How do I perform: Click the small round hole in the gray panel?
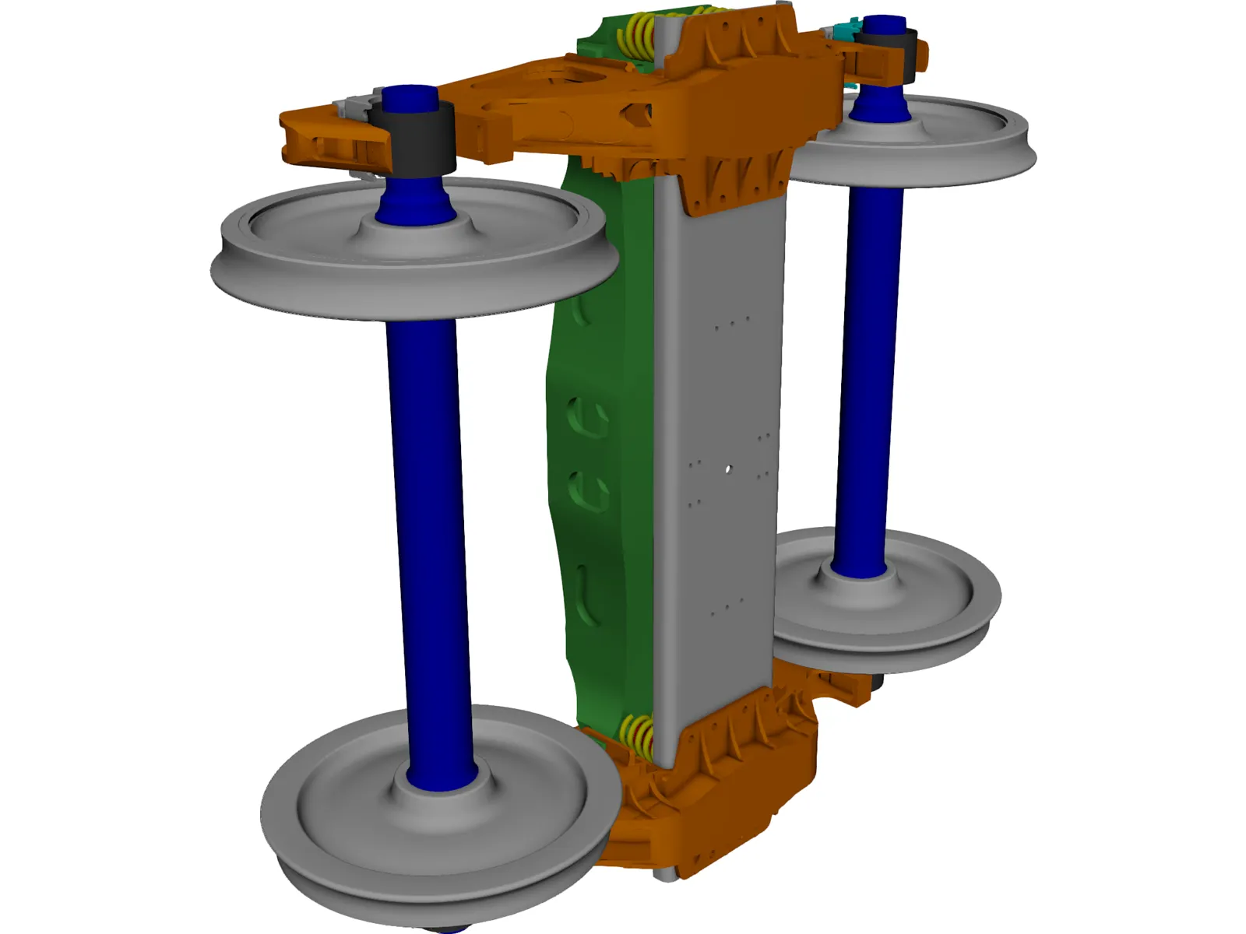coord(727,469)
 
